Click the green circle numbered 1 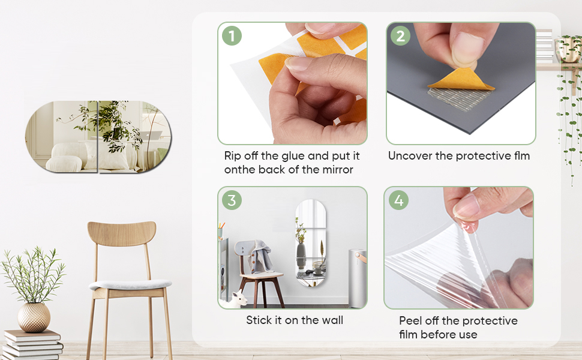[232, 36]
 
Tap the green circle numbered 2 [400, 36]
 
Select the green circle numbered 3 [232, 200]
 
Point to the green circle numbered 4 [398, 200]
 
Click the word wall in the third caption [332, 320]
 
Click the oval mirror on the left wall [98, 137]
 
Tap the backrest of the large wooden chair [122, 233]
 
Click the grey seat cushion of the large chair [130, 284]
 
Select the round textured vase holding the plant [34, 317]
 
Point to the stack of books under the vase [32, 345]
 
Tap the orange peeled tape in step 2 [461, 79]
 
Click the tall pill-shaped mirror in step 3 [311, 243]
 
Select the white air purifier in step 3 [356, 278]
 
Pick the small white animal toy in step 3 [237, 299]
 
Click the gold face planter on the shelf [569, 49]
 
